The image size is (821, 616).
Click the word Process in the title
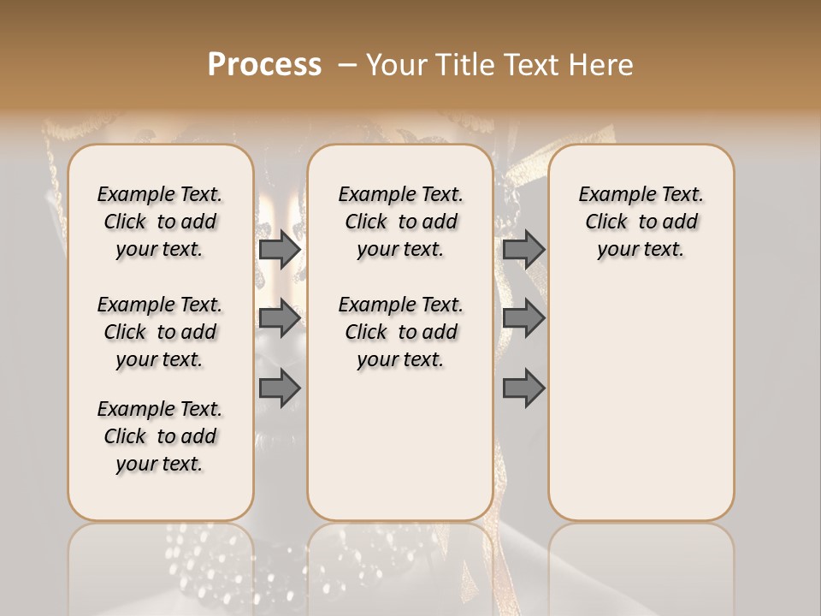pos(264,65)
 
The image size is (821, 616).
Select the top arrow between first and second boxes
pos(280,249)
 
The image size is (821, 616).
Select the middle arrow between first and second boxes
pos(280,318)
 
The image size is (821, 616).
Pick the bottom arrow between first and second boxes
pos(280,388)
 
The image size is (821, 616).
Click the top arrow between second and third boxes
pos(523,249)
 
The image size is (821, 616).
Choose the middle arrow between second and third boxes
pos(523,318)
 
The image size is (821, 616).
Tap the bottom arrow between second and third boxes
pos(523,388)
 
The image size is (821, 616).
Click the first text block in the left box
pos(160,222)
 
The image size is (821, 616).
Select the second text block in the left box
pos(160,332)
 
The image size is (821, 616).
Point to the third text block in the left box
pos(160,436)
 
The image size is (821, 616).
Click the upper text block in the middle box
pos(400,222)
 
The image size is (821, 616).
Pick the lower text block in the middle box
pos(400,332)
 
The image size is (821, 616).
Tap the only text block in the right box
pos(641,222)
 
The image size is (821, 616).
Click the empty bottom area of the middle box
pos(400,453)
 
